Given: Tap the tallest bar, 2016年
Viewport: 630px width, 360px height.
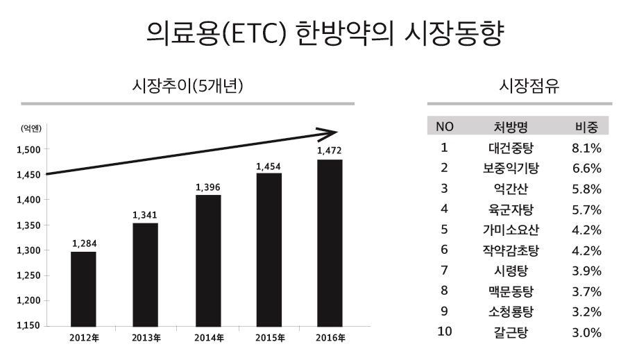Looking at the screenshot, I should click(329, 243).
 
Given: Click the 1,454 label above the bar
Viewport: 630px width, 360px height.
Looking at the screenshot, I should click(269, 166).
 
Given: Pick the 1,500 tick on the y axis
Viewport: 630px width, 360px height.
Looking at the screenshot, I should click(28, 149).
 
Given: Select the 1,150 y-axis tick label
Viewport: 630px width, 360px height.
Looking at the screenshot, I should click(28, 326).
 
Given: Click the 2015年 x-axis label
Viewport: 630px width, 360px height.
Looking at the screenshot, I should click(270, 338).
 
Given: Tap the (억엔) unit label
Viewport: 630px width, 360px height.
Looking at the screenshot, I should click(31, 128).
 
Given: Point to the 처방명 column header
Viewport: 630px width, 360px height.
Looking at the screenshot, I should click(511, 127).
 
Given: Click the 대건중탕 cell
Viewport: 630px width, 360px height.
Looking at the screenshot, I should click(511, 148).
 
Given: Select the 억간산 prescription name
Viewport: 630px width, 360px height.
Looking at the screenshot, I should click(511, 189).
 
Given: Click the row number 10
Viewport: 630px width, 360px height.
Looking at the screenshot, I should click(445, 332).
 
